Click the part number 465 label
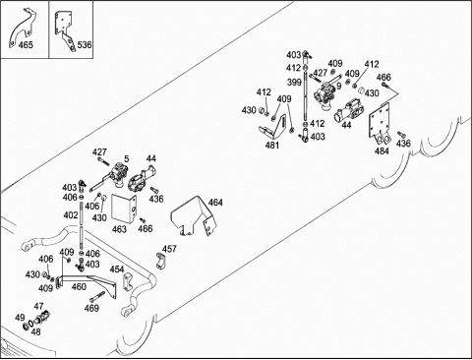pos(26,44)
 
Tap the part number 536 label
pos(85,44)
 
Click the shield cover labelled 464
pos(194,216)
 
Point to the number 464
pos(215,203)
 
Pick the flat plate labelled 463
pos(124,208)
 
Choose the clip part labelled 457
pos(160,261)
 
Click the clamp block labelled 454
pos(128,281)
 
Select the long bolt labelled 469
pos(98,297)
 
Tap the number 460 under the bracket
pos(79,287)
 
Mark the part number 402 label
pos(71,215)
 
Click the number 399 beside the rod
pos(294,82)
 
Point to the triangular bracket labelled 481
pos(273,127)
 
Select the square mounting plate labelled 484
pos(381,123)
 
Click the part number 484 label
pos(382,150)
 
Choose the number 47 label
pos(38,306)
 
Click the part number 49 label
pos(20,318)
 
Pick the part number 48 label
pos(35,331)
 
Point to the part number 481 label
pos(272,145)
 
